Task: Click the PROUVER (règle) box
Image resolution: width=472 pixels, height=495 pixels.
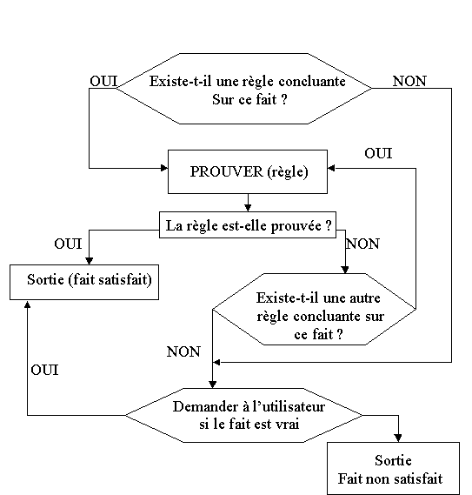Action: [248, 171]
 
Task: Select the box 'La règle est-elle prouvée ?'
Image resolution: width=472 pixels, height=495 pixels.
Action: [248, 224]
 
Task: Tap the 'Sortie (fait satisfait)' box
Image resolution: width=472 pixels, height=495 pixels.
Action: [84, 282]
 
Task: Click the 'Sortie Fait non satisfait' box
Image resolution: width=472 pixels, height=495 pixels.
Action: [393, 469]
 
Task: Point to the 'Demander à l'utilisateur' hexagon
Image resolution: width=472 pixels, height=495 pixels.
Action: [243, 415]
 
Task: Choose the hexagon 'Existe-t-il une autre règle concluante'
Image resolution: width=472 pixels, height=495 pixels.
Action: [315, 309]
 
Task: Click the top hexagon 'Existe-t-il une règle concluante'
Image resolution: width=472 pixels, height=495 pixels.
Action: [243, 89]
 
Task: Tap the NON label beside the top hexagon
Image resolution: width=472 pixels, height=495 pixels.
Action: [409, 82]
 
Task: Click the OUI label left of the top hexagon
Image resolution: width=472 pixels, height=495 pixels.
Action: [103, 81]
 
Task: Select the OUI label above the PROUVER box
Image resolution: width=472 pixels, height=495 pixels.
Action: [378, 153]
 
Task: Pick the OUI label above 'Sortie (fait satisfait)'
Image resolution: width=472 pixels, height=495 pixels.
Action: [68, 244]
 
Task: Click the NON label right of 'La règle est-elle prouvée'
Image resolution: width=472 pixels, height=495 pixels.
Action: [362, 244]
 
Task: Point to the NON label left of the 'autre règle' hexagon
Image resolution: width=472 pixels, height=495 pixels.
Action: [183, 351]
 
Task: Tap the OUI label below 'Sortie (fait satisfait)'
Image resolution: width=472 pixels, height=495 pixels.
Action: [44, 370]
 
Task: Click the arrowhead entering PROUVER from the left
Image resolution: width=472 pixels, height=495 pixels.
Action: [164, 168]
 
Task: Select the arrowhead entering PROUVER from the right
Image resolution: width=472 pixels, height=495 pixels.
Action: [331, 168]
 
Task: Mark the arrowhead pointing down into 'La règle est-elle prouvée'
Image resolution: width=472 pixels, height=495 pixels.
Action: [248, 208]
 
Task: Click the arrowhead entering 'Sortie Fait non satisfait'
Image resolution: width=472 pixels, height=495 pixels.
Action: [398, 438]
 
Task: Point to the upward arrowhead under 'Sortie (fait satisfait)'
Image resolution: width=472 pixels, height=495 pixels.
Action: [28, 304]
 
